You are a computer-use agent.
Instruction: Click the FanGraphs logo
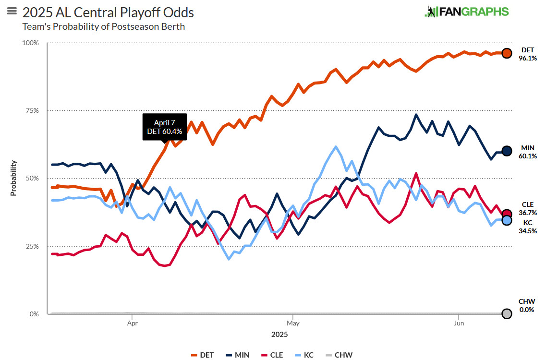466,12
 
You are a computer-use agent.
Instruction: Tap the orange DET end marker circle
506,53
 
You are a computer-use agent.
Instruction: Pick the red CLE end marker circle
506,214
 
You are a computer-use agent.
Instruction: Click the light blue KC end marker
506,220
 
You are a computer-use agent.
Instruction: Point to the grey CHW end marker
506,313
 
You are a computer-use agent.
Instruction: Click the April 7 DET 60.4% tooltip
165,127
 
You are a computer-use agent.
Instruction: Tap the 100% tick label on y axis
31,43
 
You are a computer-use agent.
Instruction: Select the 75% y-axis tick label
33,111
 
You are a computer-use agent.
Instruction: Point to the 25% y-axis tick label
33,246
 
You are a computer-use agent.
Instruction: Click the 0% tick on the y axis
35,314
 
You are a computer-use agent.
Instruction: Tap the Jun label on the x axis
458,324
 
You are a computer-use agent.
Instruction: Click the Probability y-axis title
13,178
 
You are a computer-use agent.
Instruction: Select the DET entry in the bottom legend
202,355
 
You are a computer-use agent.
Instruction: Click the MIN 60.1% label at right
528,152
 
